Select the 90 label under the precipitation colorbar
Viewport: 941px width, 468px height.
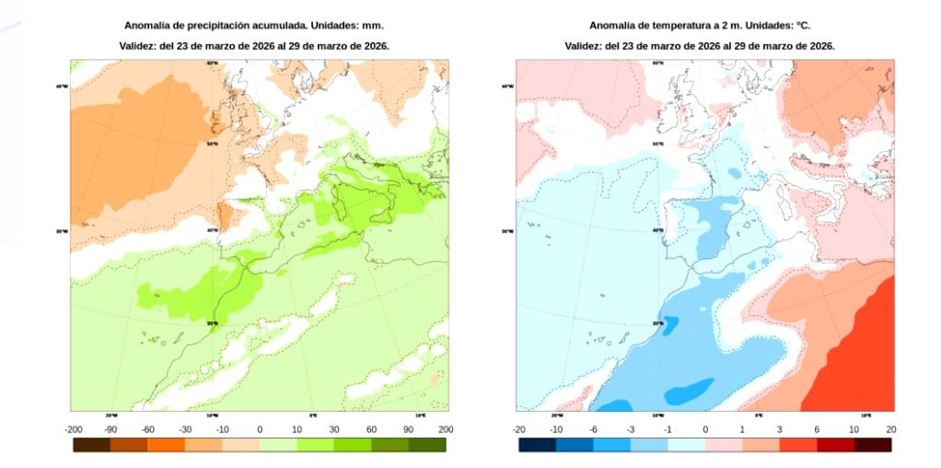click(x=409, y=429)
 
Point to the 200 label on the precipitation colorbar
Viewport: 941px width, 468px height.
click(x=446, y=429)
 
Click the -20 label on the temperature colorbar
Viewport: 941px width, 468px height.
click(x=518, y=429)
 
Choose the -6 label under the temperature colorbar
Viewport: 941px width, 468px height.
click(x=593, y=429)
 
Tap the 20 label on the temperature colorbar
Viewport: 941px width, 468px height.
click(x=891, y=429)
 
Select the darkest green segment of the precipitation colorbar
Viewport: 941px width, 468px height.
click(x=427, y=445)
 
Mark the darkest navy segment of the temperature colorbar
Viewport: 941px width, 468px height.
click(x=537, y=445)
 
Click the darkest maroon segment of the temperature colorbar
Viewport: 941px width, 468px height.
click(x=873, y=445)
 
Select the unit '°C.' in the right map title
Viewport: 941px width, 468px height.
click(x=800, y=26)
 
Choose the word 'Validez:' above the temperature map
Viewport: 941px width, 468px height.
click(x=584, y=45)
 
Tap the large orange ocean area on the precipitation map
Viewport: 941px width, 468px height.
click(x=138, y=147)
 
